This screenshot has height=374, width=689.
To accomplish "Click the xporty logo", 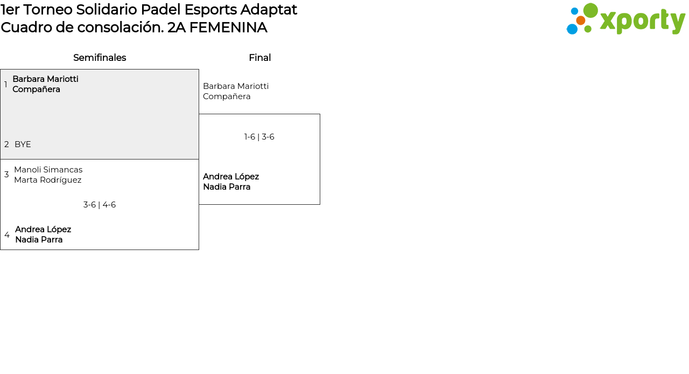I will click(625, 19).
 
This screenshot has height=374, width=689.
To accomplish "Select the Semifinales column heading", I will click(100, 58).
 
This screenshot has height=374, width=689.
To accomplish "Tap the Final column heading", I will click(259, 58).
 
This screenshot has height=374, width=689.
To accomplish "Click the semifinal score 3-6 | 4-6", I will click(100, 205).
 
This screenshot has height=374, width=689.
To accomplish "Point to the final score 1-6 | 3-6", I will click(259, 137).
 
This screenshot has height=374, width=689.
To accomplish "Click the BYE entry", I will click(23, 144).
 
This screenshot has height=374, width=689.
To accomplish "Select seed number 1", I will click(6, 85).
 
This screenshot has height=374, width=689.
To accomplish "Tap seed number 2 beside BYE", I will click(6, 144).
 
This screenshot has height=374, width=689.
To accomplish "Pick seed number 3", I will click(6, 175).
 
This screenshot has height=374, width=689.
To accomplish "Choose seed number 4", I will click(7, 235).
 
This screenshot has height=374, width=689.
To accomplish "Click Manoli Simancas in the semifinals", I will click(48, 170).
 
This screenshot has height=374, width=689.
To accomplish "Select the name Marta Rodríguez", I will click(48, 180).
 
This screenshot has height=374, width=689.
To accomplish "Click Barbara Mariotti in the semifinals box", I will click(45, 79).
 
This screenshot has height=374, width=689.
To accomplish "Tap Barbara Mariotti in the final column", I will click(236, 86).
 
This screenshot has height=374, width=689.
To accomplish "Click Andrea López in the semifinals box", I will click(43, 230).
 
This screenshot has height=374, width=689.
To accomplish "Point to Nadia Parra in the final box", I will click(227, 187).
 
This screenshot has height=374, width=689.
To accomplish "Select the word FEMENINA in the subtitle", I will click(228, 27).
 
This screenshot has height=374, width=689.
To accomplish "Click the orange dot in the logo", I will click(581, 20).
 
